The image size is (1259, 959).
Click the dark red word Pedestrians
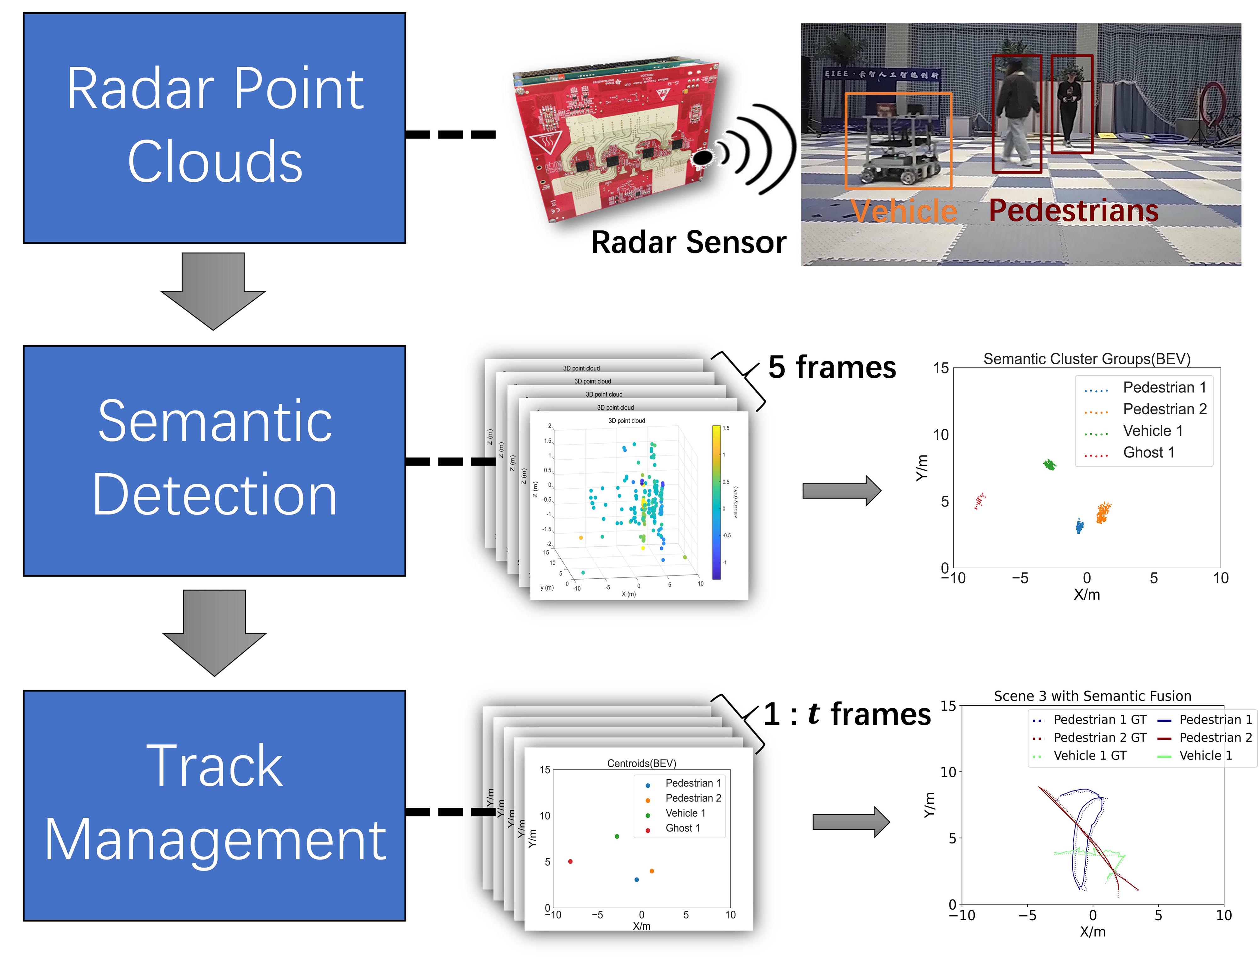pos(1073,210)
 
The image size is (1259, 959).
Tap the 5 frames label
pos(832,367)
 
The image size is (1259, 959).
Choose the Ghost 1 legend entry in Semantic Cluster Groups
pos(1148,453)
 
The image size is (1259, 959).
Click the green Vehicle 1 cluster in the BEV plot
pos(1049,464)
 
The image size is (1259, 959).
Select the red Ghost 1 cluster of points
pos(980,501)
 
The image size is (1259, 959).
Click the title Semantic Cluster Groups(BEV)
pos(1086,359)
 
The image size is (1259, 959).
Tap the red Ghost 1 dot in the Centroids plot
pos(570,861)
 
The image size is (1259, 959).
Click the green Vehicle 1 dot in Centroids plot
pos(616,836)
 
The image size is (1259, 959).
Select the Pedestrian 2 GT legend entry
pos(1099,738)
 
